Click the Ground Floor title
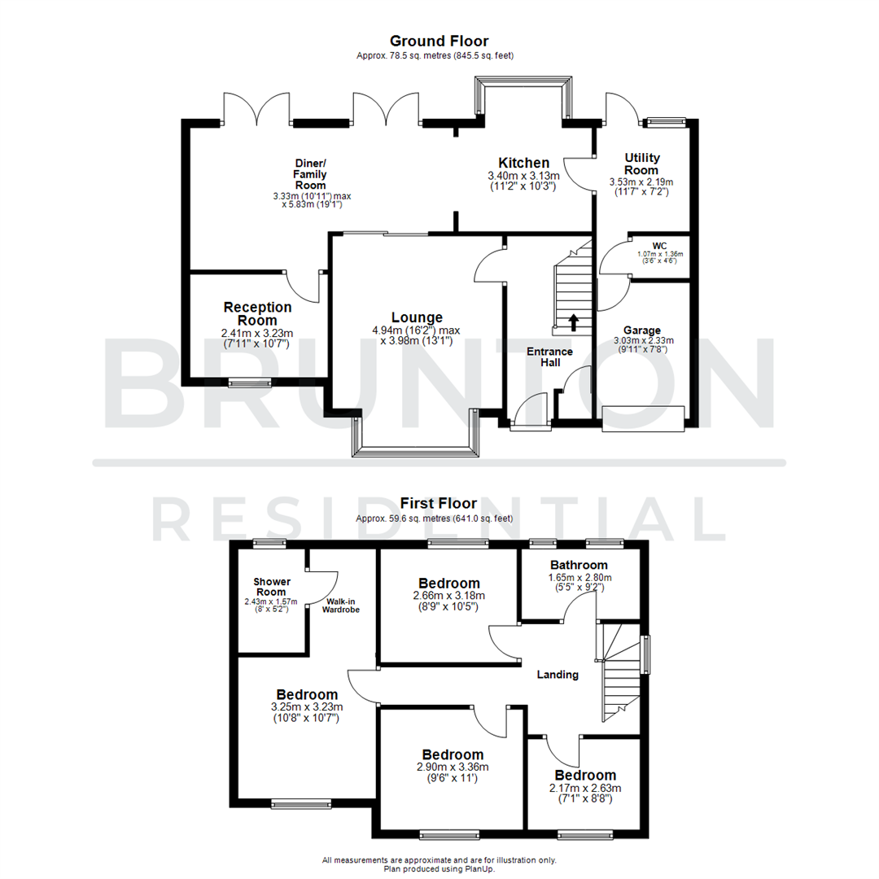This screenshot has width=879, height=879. pos(439,41)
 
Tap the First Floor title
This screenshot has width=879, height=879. pos(439,504)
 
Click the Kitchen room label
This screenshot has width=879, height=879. pos(523,163)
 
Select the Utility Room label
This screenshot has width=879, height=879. pos(642,164)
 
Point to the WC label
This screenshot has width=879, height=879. pos(659,245)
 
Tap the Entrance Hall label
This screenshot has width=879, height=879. pos(549,357)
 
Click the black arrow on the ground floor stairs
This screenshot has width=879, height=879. pos(573,322)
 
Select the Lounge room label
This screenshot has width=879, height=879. pos(417,317)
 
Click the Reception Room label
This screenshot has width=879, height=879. pos(257,313)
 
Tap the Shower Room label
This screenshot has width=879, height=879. pos(272,586)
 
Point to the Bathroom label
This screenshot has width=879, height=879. pos(579,565)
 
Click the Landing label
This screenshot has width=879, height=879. pos(558,674)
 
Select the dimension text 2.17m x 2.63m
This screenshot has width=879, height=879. pos(586,788)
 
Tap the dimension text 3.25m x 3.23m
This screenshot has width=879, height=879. pos(307,706)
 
